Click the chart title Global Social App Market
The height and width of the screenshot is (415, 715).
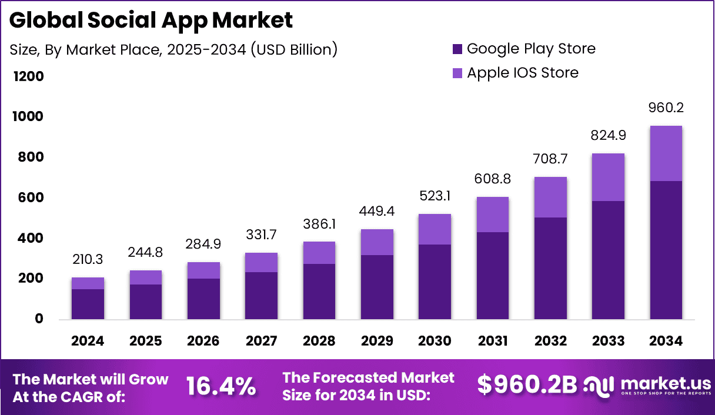(x=151, y=21)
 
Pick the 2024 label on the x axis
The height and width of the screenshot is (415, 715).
(x=88, y=341)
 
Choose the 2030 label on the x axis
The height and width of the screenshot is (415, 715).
(x=435, y=341)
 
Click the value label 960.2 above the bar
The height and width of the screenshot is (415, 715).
(x=666, y=108)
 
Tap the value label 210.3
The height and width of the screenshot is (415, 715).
(x=88, y=259)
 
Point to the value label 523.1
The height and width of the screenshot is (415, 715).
(x=435, y=196)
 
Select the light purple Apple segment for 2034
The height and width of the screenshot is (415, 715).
(x=666, y=153)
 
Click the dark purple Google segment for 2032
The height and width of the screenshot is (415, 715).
(x=550, y=268)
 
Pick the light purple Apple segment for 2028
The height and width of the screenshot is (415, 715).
(x=319, y=253)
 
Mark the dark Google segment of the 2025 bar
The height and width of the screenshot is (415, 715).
(x=145, y=302)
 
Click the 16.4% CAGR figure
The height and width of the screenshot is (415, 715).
(x=221, y=386)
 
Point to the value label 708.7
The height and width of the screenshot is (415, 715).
(x=550, y=159)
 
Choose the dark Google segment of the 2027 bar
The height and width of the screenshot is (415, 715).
(x=261, y=296)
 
